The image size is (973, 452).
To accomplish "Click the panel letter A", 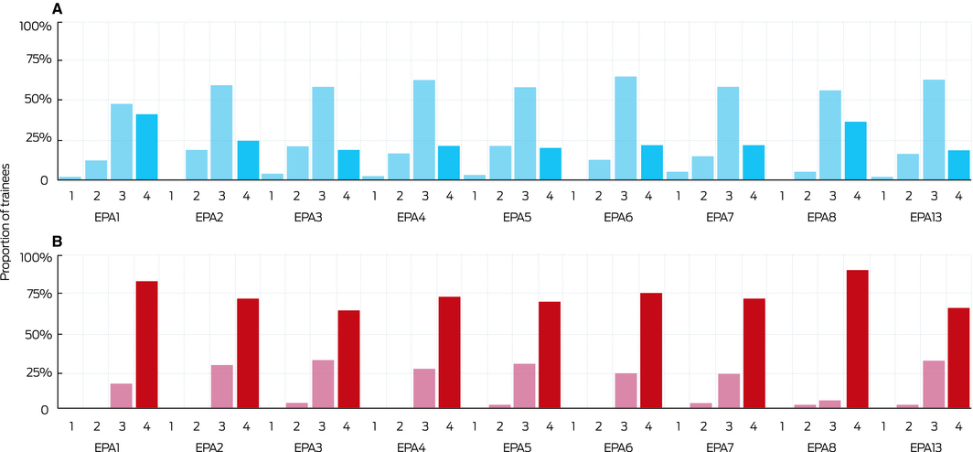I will (58, 9).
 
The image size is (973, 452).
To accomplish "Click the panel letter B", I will (58, 242).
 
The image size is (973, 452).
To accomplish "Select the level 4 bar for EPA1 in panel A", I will (146, 146).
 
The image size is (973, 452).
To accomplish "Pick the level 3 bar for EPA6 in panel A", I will (625, 128).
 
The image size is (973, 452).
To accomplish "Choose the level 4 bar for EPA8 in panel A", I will (857, 150).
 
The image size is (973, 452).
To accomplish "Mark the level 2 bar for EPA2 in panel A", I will (197, 165).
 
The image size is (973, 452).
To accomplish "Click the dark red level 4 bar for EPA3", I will (348, 360).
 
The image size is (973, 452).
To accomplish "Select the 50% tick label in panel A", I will (37, 99).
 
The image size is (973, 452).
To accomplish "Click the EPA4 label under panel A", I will (412, 219).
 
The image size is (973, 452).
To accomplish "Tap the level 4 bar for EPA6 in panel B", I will (651, 350).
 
